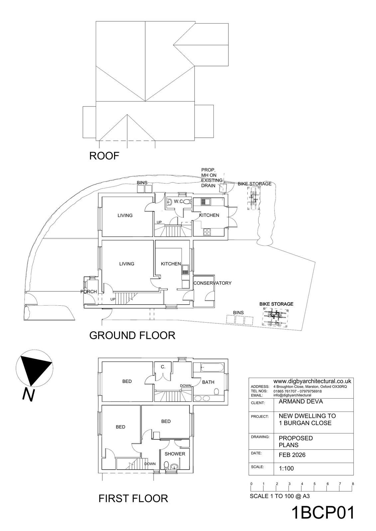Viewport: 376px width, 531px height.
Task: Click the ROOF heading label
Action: point(104,156)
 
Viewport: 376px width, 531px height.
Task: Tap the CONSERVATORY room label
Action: point(212,283)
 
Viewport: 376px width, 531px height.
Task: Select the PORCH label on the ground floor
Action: point(88,292)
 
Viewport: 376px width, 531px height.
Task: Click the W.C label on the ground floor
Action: point(179,201)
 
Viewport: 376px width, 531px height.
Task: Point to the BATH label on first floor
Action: point(208,382)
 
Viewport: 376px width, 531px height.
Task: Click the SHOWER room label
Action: point(175,454)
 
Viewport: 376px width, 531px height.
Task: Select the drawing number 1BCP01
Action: point(323,513)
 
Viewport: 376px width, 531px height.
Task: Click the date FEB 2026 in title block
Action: point(292,455)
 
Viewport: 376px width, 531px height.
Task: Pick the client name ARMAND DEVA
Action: point(296,401)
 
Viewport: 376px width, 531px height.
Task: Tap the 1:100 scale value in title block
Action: point(286,469)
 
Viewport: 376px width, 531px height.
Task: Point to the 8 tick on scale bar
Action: point(353,484)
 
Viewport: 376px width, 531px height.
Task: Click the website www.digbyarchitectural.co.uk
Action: point(312,381)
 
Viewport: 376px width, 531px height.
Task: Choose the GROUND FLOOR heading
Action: point(132,335)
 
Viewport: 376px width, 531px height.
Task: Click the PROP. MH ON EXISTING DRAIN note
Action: point(211,178)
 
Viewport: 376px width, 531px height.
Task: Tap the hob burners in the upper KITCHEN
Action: point(207,232)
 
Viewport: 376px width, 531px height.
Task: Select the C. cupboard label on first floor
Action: point(163,367)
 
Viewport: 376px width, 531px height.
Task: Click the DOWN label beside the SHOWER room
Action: point(150,464)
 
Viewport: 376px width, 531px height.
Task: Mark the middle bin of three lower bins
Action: point(239,320)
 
